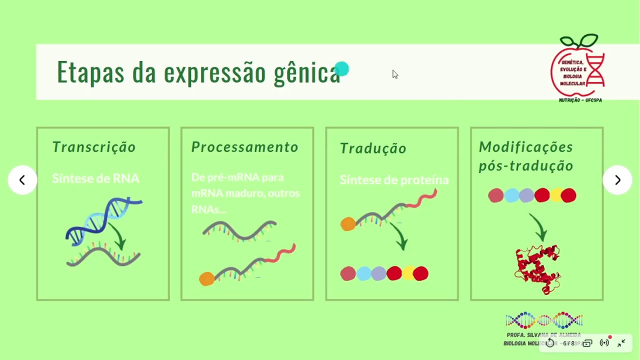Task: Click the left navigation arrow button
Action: point(22,180)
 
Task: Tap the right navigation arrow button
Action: point(617,180)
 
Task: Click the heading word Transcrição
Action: point(94,147)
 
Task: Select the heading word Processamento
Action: point(244,147)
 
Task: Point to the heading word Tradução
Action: point(373,148)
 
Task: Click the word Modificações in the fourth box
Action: point(525,147)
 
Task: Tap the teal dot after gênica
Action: point(341,69)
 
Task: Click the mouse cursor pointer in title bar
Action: point(395,74)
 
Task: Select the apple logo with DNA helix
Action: point(579,67)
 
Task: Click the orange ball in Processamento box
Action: point(206,279)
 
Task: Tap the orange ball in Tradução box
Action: point(347,224)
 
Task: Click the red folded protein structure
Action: point(537,269)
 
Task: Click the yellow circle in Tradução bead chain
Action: point(408,273)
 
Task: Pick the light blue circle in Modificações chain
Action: point(511,195)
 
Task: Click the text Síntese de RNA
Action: point(95,178)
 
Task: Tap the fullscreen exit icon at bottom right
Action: point(621,343)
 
